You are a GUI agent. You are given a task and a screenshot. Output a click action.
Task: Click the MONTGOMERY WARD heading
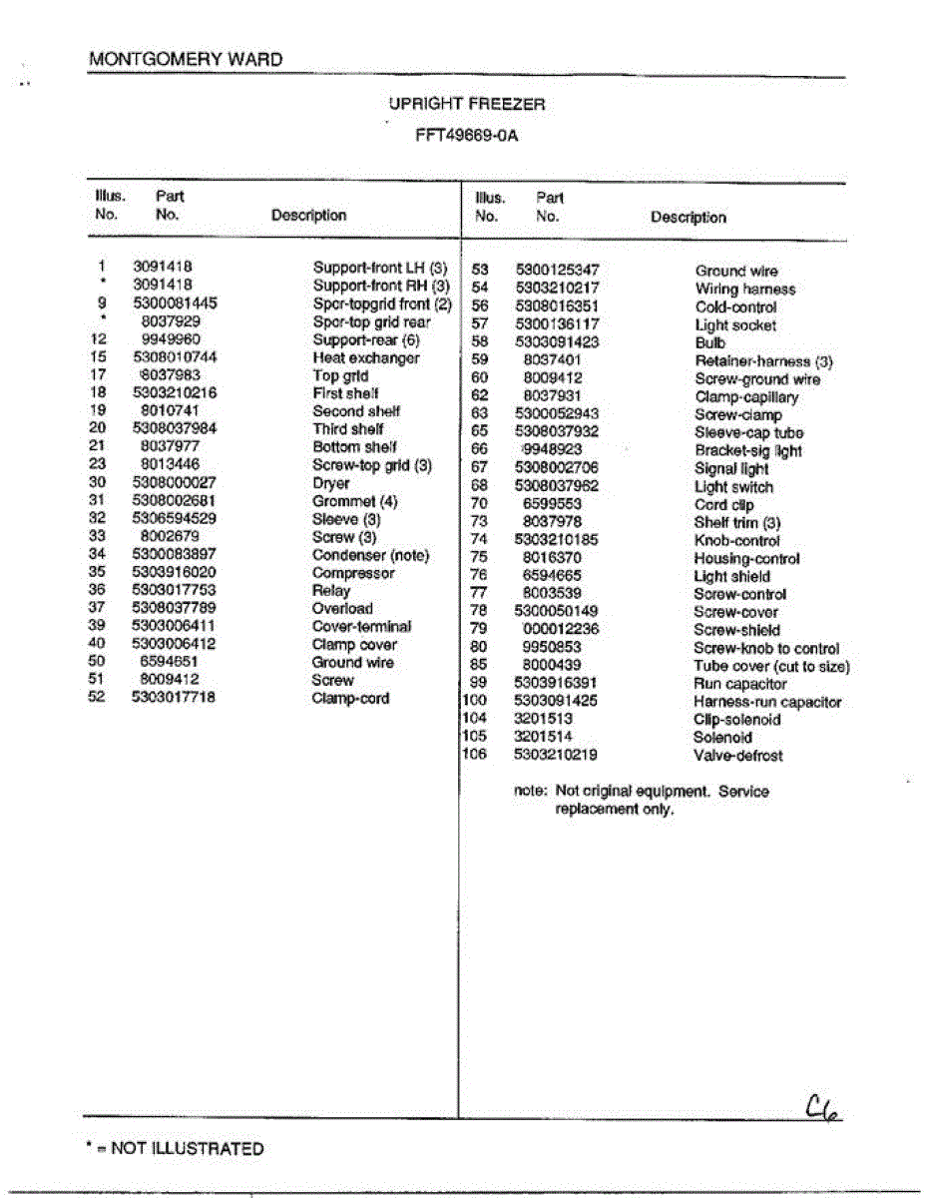click(x=186, y=60)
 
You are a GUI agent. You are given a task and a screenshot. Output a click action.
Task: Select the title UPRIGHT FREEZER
click(x=467, y=104)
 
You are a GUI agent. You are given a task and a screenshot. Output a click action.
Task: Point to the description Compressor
click(x=353, y=573)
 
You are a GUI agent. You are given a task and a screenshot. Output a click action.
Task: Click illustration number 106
click(x=474, y=755)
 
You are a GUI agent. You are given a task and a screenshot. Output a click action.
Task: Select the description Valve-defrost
click(x=738, y=756)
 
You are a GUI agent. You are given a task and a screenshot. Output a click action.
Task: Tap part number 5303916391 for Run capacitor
click(x=556, y=684)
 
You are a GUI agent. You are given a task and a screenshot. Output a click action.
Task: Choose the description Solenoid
click(x=723, y=738)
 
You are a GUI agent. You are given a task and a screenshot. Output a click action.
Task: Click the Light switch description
click(x=733, y=487)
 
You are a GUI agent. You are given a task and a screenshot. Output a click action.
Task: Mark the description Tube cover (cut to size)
click(x=772, y=666)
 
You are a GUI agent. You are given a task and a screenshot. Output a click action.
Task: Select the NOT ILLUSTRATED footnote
click(x=176, y=1149)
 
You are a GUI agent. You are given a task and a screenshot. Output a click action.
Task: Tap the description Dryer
click(x=331, y=483)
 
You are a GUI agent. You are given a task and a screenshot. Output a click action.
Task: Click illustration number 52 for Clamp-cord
click(x=98, y=698)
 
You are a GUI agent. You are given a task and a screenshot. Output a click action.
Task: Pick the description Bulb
click(x=710, y=342)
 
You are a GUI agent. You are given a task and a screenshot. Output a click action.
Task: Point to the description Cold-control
click(x=735, y=307)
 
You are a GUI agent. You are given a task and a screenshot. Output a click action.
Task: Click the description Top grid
click(x=340, y=376)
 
